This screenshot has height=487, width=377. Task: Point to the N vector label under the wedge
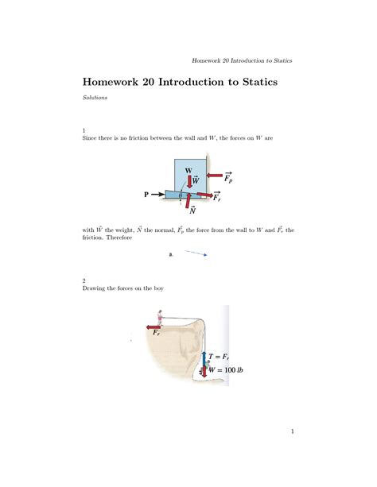pos(192,211)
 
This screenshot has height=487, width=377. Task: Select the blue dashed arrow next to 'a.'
pos(196,254)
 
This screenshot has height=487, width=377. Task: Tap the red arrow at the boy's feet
pos(154,327)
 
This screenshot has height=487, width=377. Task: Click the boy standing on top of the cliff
pos(162,318)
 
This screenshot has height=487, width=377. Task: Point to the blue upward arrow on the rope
pos(204,357)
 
